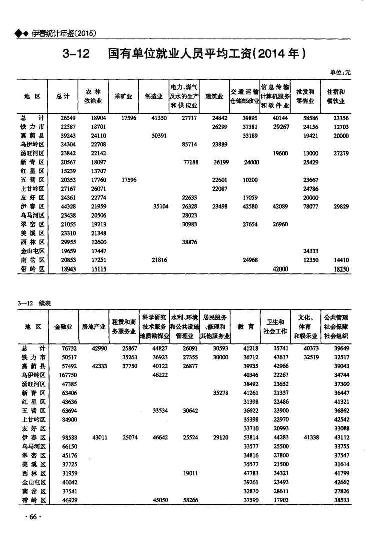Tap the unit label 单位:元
(x=340, y=72)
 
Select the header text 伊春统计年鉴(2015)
(x=63, y=33)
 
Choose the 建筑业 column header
(x=214, y=96)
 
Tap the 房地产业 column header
(x=94, y=327)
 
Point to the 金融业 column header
(x=64, y=327)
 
